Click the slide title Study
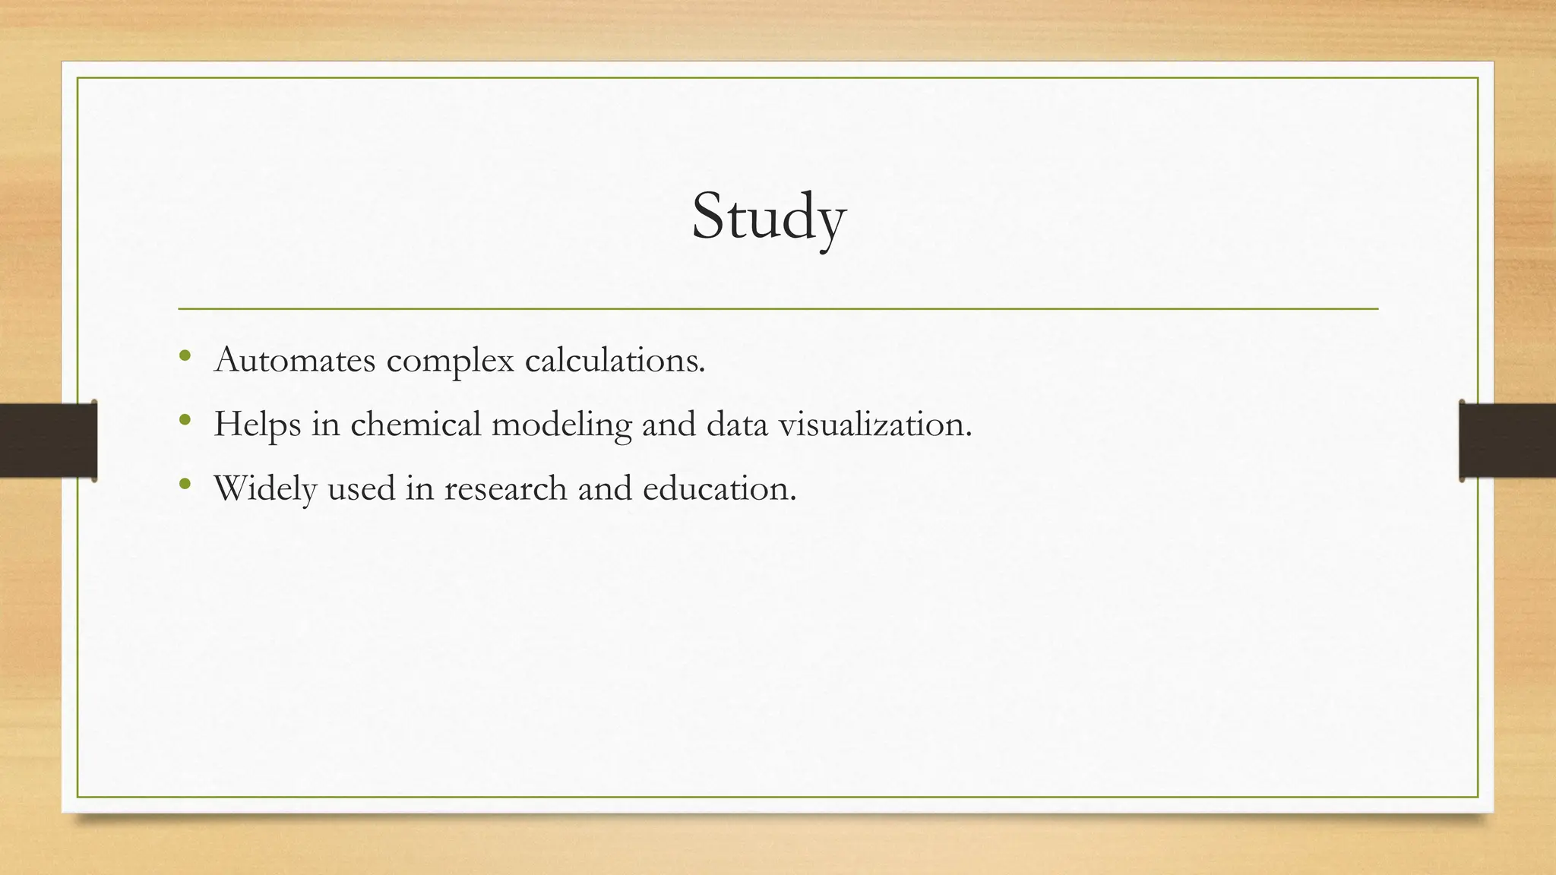click(768, 217)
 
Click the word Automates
click(295, 360)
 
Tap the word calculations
click(615, 360)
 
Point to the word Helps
click(257, 425)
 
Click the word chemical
click(416, 424)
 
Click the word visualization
click(875, 424)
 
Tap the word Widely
click(265, 488)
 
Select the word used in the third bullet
click(361, 488)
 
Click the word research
click(505, 488)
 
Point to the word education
click(719, 488)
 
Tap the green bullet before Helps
click(185, 419)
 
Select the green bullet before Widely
click(185, 483)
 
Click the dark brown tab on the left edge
click(48, 441)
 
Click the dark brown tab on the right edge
click(1507, 441)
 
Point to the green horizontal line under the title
click(778, 309)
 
